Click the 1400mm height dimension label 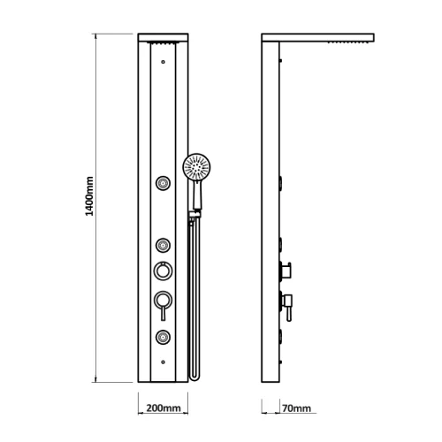click(89, 196)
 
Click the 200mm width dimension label click(164, 408)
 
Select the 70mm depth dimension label click(296, 408)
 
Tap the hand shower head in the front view click(196, 166)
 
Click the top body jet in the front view click(163, 183)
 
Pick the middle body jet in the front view click(163, 245)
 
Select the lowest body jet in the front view click(163, 337)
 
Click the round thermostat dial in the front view click(163, 271)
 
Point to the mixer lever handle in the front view click(163, 313)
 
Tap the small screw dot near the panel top click(163, 62)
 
